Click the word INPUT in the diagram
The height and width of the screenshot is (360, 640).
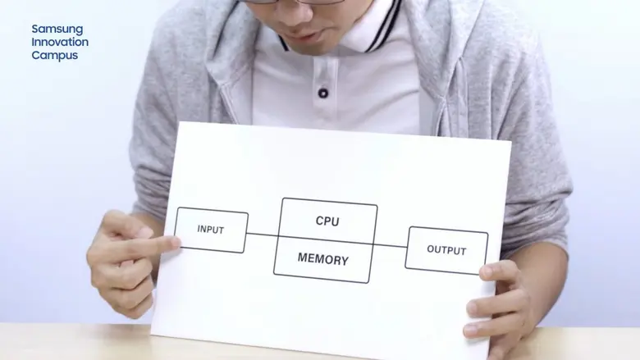[211, 230]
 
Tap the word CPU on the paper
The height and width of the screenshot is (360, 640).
[327, 221]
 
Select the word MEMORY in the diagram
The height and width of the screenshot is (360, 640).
[322, 260]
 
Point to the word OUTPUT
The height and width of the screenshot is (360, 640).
[446, 250]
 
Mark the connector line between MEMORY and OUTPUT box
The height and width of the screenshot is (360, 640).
[391, 244]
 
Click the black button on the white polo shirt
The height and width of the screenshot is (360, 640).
[323, 93]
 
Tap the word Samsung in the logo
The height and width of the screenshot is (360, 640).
[57, 30]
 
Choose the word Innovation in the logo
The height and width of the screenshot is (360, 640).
[60, 42]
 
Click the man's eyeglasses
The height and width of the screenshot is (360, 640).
[295, 2]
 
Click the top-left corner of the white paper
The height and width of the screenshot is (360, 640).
[179, 123]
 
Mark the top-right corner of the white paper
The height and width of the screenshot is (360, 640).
[510, 141]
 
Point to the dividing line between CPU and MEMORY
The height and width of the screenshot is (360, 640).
[325, 239]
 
